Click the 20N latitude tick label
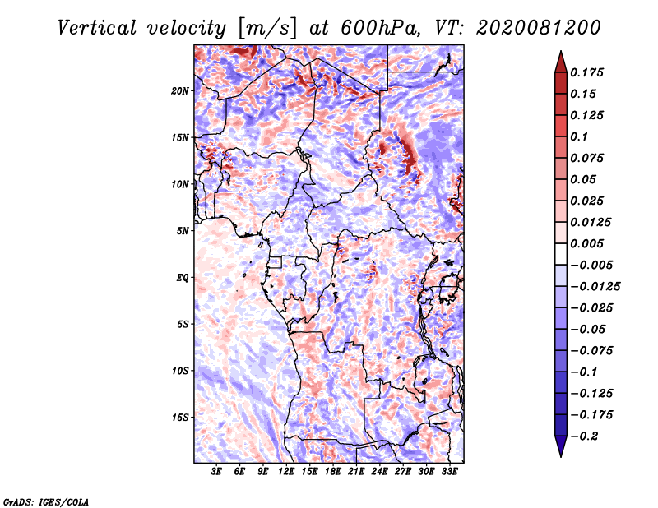coord(180,90)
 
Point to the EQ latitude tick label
coord(182,278)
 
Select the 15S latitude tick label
coord(180,418)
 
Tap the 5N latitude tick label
coord(183,231)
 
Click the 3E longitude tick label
coord(217,472)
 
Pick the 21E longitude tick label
coord(356,472)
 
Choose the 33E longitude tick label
coord(449,472)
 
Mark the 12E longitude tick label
coord(287,472)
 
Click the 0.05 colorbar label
coord(584,179)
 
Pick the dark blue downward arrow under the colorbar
coord(560,447)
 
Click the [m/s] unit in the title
coord(265,27)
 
